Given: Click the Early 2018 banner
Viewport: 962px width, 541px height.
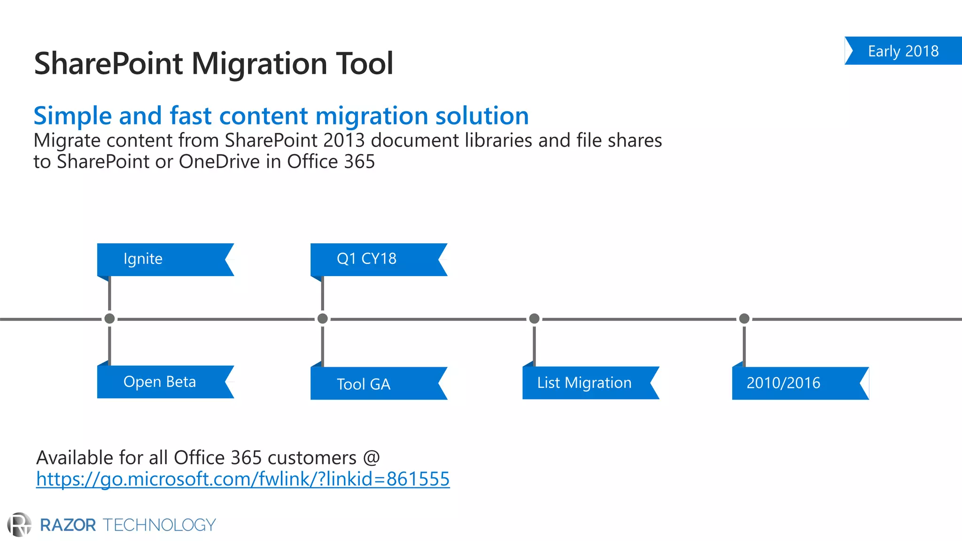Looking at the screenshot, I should pyautogui.click(x=903, y=51).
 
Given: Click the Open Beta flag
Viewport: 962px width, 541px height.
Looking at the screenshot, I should pyautogui.click(x=160, y=382).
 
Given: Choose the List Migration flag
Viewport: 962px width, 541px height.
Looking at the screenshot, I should pyautogui.click(x=584, y=383).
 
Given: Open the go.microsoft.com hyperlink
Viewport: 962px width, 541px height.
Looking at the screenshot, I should pyautogui.click(x=243, y=479).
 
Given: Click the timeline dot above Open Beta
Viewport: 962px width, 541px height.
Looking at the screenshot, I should pyautogui.click(x=109, y=319).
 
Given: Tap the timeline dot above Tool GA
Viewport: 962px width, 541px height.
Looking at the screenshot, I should pyautogui.click(x=323, y=319).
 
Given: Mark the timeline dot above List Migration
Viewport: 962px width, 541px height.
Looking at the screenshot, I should pyautogui.click(x=534, y=319).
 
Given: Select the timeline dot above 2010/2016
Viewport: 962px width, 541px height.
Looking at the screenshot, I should pyautogui.click(x=744, y=319).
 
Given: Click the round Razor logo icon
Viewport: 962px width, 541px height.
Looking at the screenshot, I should pyautogui.click(x=19, y=525).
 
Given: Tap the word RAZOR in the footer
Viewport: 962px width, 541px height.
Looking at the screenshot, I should pyautogui.click(x=68, y=525).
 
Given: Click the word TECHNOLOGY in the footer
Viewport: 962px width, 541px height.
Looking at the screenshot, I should pyautogui.click(x=159, y=525).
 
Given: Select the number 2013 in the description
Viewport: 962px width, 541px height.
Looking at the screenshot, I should pyautogui.click(x=344, y=140).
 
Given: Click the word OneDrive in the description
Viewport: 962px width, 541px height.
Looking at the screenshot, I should pyautogui.click(x=219, y=162).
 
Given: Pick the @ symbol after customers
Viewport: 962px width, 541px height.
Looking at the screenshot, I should pyautogui.click(x=371, y=458).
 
